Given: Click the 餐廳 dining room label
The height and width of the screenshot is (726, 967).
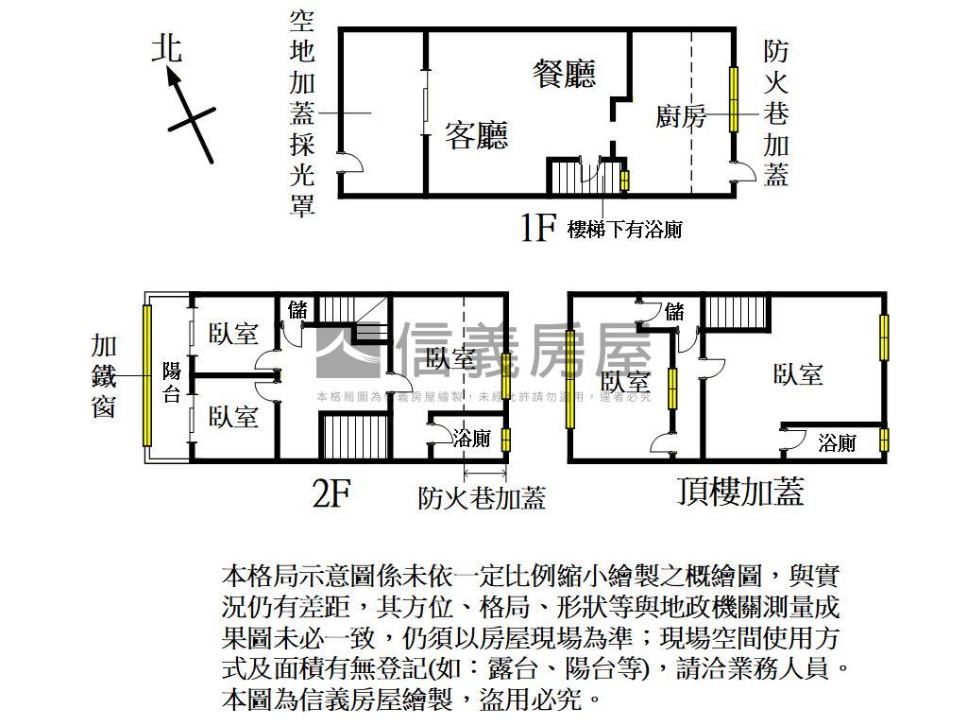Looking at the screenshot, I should (564, 73).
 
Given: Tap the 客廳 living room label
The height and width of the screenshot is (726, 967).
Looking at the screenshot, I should (477, 136).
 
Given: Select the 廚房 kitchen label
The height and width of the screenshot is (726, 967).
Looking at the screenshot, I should (681, 116).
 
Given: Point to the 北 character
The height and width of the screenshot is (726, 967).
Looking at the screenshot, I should (167, 47).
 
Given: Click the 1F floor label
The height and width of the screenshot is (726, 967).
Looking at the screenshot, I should (537, 228).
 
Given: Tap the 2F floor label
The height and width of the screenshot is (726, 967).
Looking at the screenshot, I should (331, 493).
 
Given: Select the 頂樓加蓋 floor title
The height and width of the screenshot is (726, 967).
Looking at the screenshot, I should (740, 492).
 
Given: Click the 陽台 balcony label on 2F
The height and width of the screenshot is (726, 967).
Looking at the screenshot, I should (172, 382).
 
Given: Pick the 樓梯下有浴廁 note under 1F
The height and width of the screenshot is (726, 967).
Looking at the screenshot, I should (624, 229).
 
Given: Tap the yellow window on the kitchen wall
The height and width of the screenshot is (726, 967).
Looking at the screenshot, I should (733, 100).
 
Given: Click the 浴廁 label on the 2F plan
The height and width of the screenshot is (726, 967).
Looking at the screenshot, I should (471, 439).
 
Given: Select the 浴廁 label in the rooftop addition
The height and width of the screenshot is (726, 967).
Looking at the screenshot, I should (837, 442).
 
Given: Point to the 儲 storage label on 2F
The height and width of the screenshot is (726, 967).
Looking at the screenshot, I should (298, 308).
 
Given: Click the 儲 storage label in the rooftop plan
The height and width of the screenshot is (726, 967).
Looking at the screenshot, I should (674, 311).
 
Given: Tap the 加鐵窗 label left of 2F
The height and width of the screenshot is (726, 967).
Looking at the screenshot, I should (104, 376).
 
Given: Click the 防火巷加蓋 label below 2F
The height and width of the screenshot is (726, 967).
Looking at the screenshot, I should (482, 497).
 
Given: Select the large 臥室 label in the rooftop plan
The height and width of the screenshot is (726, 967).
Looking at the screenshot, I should (798, 374).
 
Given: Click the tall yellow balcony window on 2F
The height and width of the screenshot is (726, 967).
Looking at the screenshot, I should (147, 375).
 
